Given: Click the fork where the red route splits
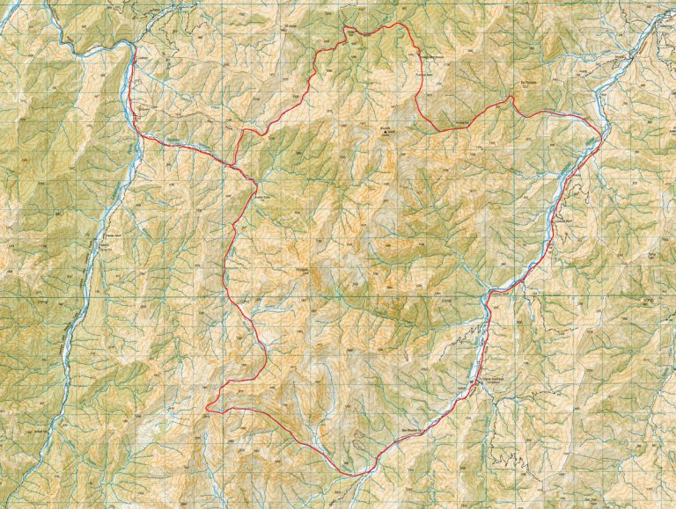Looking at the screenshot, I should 235,164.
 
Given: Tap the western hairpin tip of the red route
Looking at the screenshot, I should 207,408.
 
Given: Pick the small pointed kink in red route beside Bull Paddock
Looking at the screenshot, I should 511,98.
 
